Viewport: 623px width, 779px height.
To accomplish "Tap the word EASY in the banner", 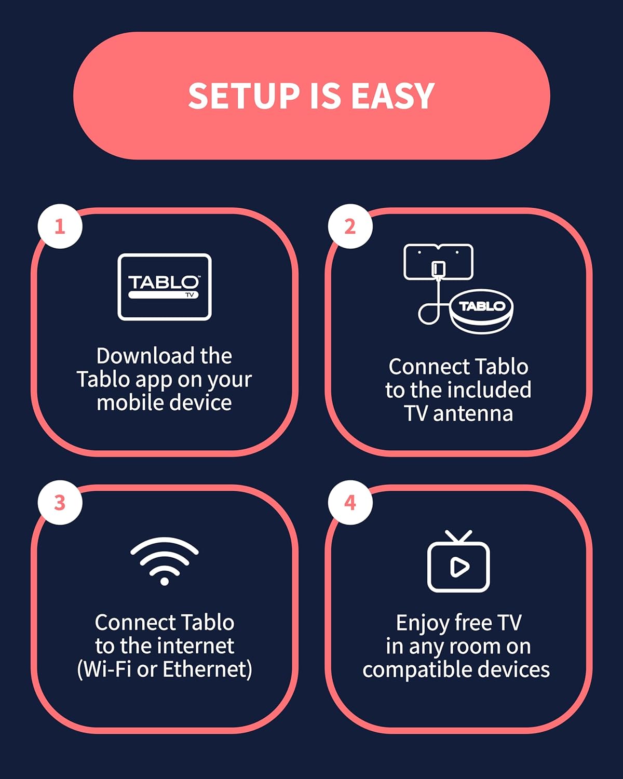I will click(392, 96).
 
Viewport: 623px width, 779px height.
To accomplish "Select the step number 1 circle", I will click(60, 226).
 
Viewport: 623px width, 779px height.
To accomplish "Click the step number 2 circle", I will click(350, 226).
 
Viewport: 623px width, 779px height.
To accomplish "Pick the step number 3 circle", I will click(60, 503).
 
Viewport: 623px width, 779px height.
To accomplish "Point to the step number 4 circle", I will click(350, 503).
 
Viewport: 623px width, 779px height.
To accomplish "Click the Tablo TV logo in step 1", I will click(164, 287).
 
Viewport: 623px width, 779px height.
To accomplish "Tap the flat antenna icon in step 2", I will click(438, 262).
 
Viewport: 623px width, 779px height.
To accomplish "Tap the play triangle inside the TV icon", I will click(459, 567).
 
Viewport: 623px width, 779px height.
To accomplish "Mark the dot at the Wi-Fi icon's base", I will click(164, 581).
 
